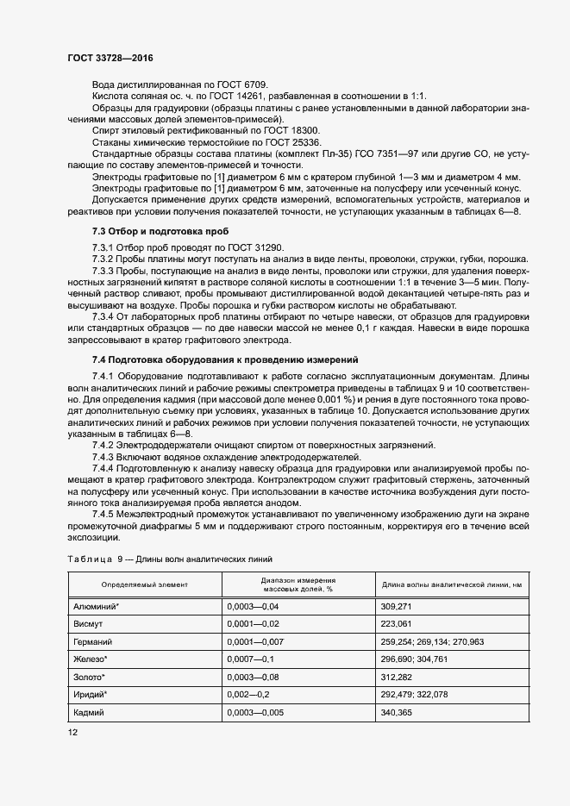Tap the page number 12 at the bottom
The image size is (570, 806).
click(72, 732)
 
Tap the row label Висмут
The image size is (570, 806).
click(89, 624)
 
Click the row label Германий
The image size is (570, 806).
click(93, 641)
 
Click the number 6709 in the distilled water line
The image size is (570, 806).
click(254, 84)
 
